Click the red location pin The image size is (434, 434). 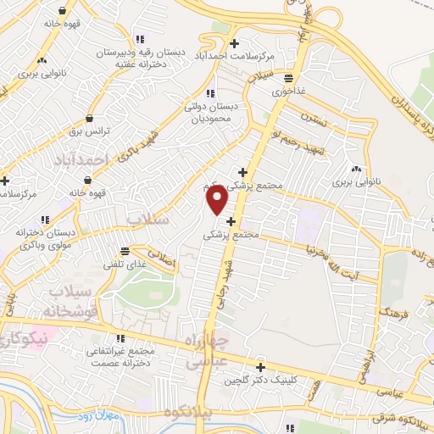click(x=217, y=199)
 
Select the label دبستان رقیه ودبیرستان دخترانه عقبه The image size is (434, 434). click(x=140, y=58)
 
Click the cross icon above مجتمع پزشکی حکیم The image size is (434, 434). click(x=243, y=170)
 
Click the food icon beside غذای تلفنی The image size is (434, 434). click(x=125, y=250)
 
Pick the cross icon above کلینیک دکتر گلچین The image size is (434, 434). click(x=259, y=368)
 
